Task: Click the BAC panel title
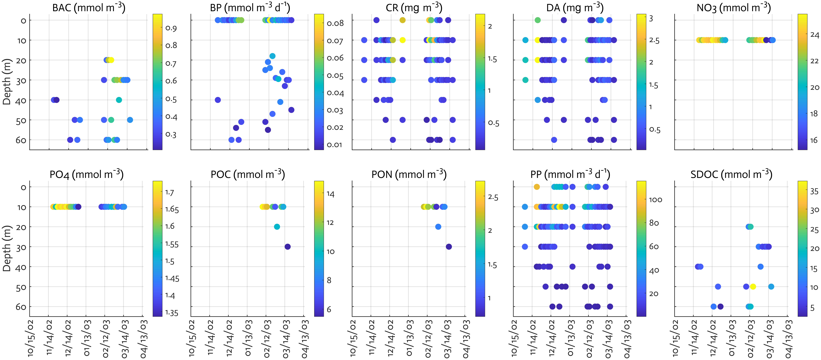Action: click(89, 8)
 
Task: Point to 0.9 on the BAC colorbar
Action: click(171, 28)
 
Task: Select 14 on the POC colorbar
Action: click(331, 194)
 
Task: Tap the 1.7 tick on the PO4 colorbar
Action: click(170, 192)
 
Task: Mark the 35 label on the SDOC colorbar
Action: click(814, 191)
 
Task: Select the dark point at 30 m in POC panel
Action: click(288, 247)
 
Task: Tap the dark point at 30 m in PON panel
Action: click(449, 247)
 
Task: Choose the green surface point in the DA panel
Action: click(538, 20)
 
